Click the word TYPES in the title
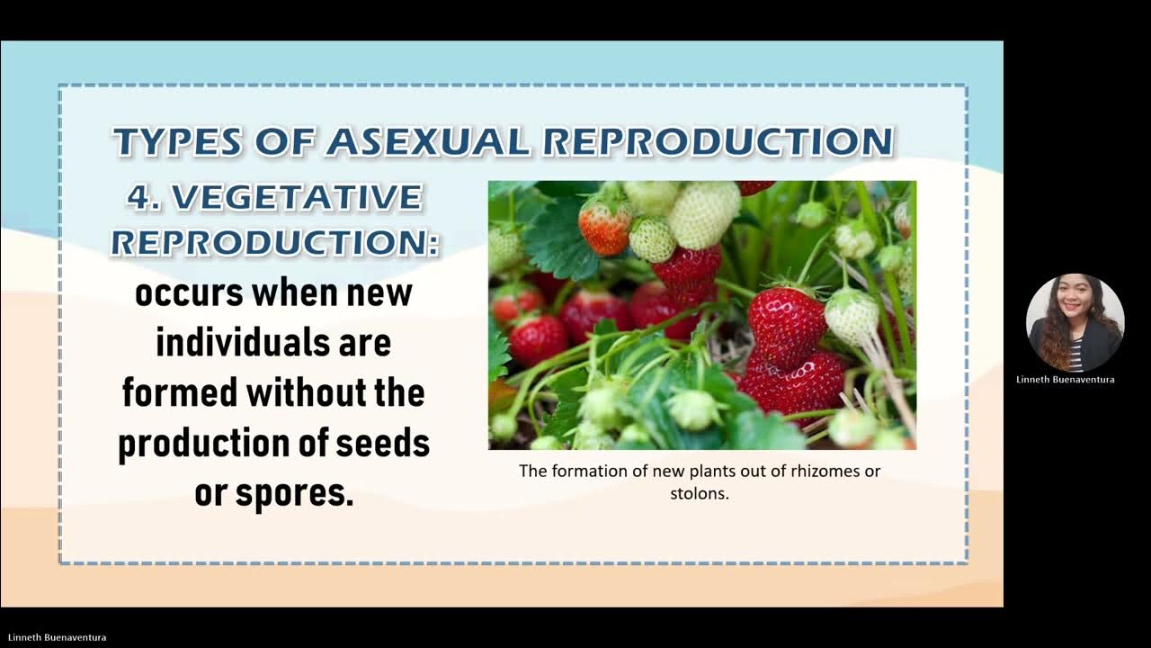pyautogui.click(x=177, y=142)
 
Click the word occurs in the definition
pyautogui.click(x=188, y=293)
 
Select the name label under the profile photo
pyautogui.click(x=1066, y=380)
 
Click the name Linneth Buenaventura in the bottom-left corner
pyautogui.click(x=57, y=637)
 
